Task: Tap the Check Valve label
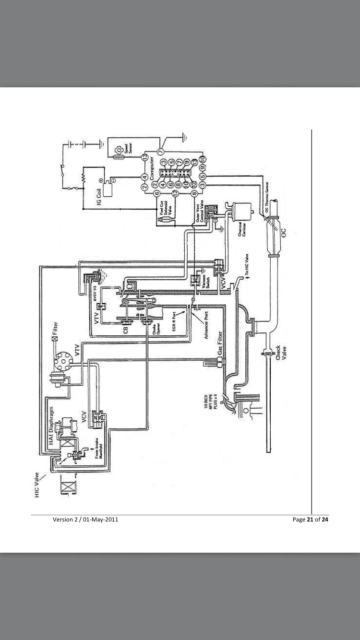(x=280, y=355)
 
